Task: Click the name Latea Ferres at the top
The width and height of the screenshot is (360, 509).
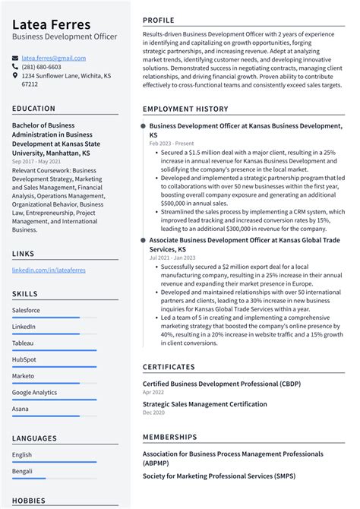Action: click(51, 25)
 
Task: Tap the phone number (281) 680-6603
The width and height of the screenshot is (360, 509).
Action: click(42, 67)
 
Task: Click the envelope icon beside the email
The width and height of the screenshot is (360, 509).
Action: click(15, 58)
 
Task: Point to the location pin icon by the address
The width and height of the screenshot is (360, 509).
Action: click(15, 76)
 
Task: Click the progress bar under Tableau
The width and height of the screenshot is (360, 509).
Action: click(54, 350)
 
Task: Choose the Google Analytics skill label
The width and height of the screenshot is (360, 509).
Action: click(34, 392)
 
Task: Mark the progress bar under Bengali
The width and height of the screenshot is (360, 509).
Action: click(29, 479)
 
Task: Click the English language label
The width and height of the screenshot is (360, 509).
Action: click(22, 455)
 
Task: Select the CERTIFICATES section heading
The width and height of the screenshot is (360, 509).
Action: click(173, 368)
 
